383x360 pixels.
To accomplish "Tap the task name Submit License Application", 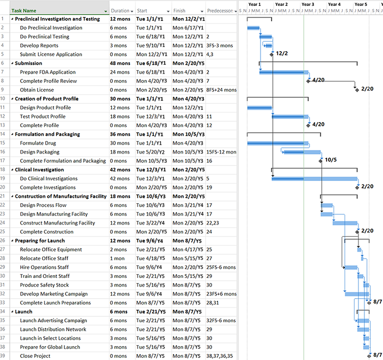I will click(51, 54).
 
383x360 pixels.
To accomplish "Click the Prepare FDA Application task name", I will click(48, 72).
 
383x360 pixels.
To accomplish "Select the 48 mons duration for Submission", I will click(120, 63).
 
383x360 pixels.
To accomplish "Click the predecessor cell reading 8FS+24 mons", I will click(221, 90).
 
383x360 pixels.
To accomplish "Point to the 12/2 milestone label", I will click(282, 54).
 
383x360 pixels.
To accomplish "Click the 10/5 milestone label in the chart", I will click(330, 159).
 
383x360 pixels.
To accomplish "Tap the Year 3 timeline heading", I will click(308, 4).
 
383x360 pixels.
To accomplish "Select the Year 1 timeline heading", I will click(255, 4).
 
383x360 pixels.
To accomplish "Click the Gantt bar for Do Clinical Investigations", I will click(314, 179).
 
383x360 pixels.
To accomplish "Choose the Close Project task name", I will click(36, 356).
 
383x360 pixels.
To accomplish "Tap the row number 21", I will click(4, 196).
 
